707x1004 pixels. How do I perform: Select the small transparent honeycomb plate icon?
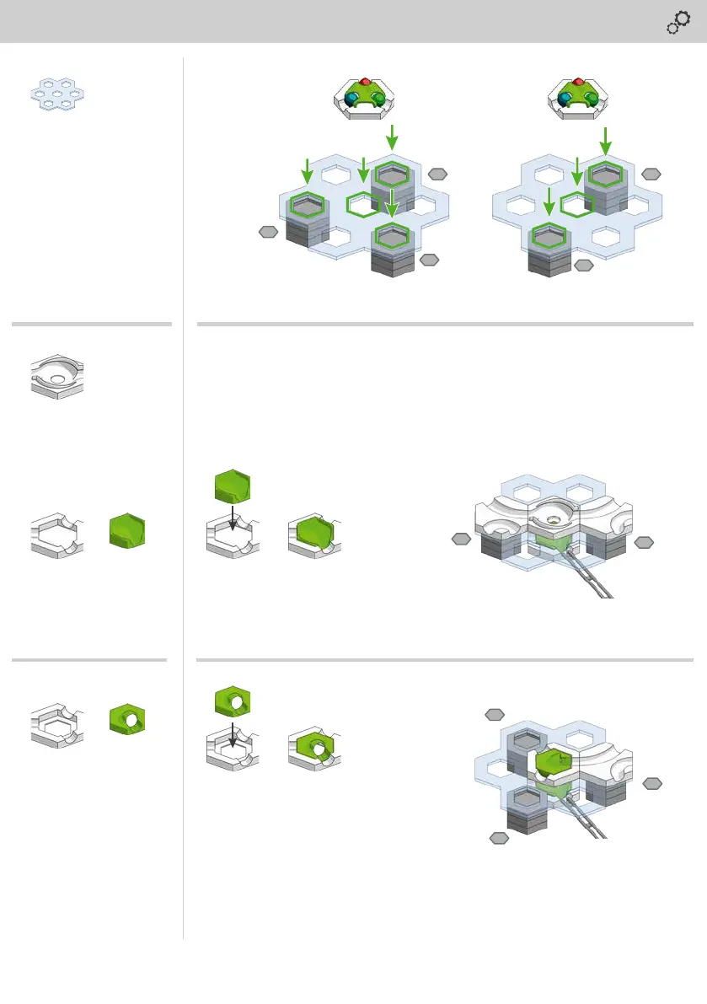coord(58,93)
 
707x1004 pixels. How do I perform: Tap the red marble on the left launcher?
coord(365,82)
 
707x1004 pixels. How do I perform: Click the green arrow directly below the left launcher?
coord(390,135)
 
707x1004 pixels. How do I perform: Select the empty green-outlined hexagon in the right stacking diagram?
coord(577,204)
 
